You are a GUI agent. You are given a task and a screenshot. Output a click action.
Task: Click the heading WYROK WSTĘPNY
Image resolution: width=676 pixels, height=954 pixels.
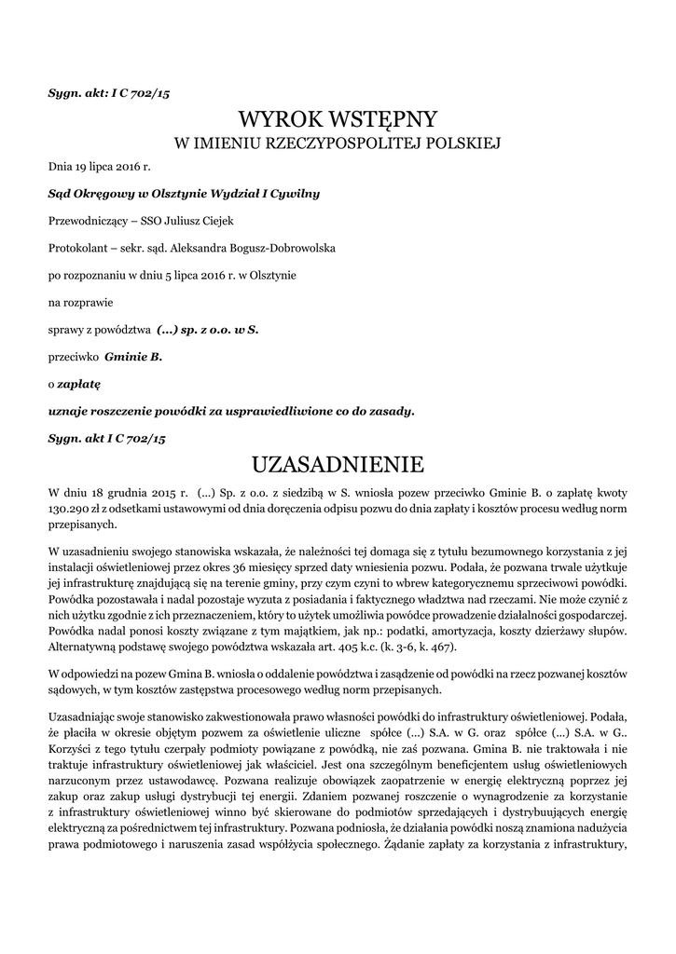[338, 119]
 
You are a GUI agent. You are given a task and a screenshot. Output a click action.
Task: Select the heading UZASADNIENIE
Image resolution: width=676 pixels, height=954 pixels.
[338, 464]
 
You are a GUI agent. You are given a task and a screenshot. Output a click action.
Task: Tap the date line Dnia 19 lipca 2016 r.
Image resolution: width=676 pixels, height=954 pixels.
[99, 167]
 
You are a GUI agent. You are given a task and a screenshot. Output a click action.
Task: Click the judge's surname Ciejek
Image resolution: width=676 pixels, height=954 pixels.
[216, 221]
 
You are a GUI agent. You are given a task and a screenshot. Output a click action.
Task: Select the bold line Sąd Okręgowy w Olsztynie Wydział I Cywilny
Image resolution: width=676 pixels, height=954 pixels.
[184, 194]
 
